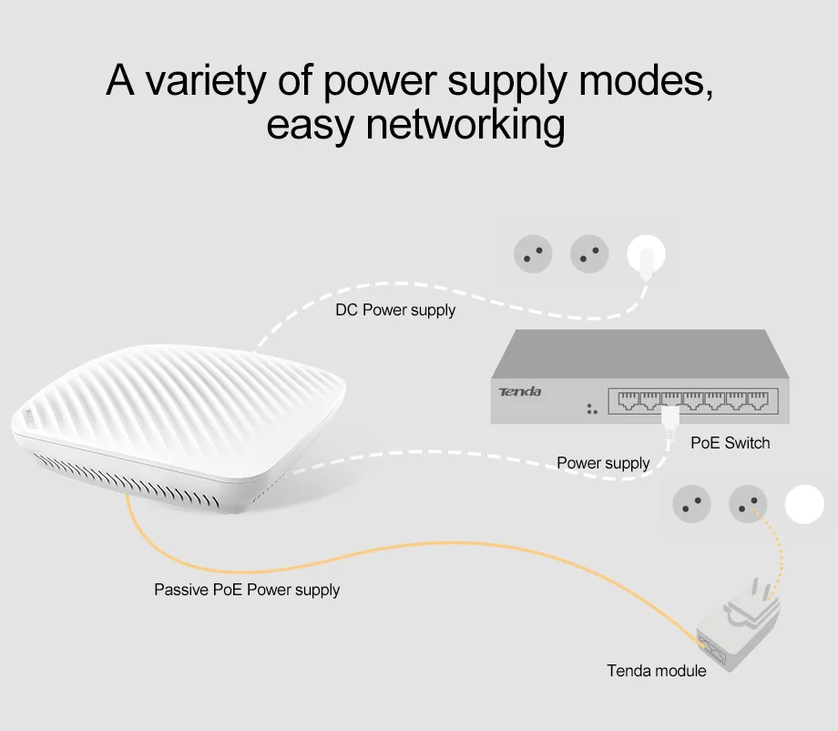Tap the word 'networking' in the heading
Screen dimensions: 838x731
(465, 126)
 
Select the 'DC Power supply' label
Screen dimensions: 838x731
(395, 310)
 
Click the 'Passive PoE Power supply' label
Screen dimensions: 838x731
(247, 590)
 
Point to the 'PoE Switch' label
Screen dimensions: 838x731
(730, 443)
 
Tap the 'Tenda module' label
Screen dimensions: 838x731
(657, 671)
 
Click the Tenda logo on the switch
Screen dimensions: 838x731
(519, 392)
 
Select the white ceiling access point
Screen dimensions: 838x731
(179, 427)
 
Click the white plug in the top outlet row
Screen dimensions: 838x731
(646, 257)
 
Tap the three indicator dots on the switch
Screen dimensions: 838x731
(592, 409)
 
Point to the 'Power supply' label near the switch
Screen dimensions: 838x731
(603, 463)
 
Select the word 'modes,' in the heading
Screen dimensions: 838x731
(646, 80)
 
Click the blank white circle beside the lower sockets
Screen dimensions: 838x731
(804, 504)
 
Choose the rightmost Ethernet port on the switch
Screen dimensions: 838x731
(757, 400)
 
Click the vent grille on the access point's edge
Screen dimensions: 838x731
(127, 479)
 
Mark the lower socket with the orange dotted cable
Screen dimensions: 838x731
(748, 504)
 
